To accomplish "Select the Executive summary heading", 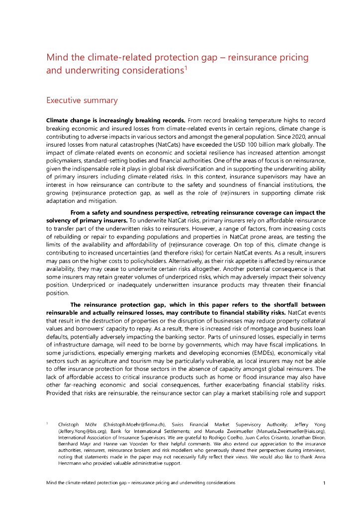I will point(82,100).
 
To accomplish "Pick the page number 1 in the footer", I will point(324,483).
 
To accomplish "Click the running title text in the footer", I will point(141,483).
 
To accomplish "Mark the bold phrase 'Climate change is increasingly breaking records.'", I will point(116,121).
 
